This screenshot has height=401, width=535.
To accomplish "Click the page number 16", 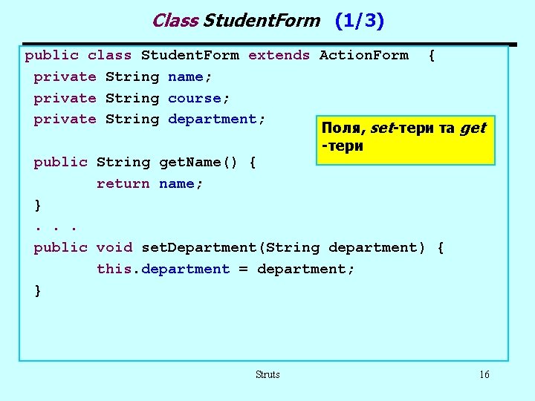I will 484,375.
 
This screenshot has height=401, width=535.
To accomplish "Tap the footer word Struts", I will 267,375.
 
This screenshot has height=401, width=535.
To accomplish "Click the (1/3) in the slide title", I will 360,21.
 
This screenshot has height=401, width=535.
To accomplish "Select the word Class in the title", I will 175,21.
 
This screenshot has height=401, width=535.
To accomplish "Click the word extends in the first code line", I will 279,55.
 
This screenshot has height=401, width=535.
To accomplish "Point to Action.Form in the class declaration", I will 363,55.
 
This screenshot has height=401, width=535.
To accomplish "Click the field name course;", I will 195,98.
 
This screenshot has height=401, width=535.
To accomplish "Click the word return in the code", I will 123,183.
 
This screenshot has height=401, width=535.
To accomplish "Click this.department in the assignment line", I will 163,269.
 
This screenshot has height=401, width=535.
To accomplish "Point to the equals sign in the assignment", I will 243,269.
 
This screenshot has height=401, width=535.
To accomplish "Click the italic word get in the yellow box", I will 473,128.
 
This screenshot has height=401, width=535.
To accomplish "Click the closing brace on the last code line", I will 38,290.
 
